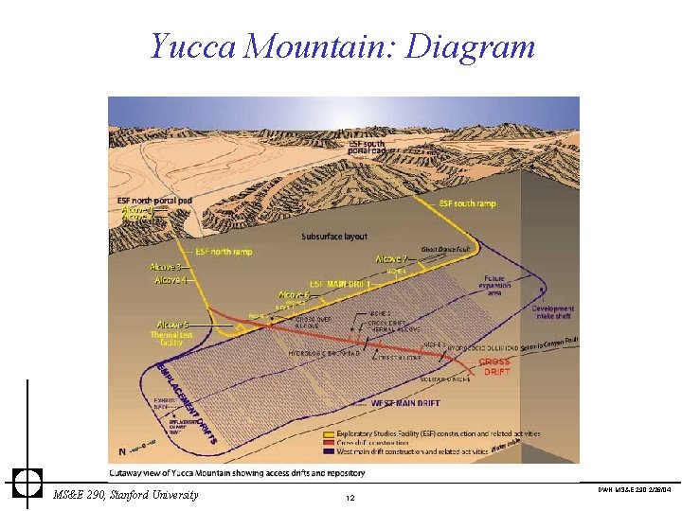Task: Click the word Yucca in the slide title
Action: coord(192,45)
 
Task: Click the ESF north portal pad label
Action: coord(154,201)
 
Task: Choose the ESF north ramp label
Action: coord(224,252)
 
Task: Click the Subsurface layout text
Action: coord(334,237)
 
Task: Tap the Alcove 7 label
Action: coord(391,259)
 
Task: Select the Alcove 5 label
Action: coord(172,325)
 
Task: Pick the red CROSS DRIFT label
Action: coord(494,366)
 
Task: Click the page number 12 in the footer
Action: coord(350,498)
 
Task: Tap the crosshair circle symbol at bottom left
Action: coord(27,482)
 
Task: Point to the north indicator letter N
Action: coord(124,449)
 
